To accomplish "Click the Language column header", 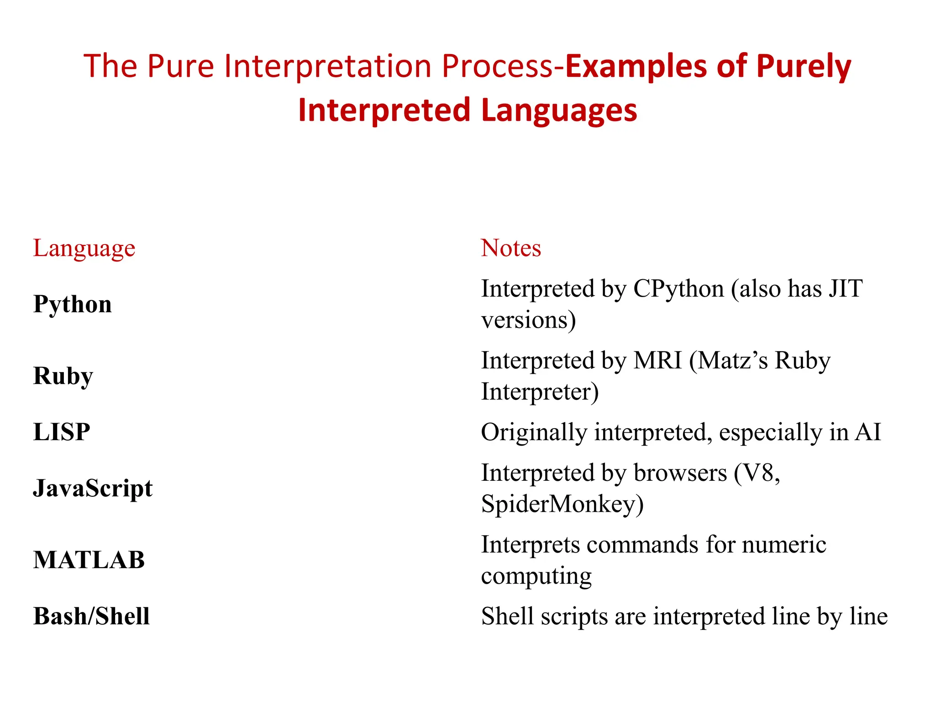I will click(x=84, y=249).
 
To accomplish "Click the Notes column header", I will click(x=510, y=248).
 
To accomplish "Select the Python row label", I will click(x=72, y=304).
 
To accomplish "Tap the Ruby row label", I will click(x=63, y=376).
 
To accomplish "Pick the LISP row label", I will click(x=62, y=432).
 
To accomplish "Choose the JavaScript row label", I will click(x=93, y=488).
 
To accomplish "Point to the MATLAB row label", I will click(x=89, y=560).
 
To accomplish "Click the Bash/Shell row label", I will click(x=91, y=616).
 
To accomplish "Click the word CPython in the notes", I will click(x=678, y=289).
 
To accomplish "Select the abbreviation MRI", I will click(x=657, y=361).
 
